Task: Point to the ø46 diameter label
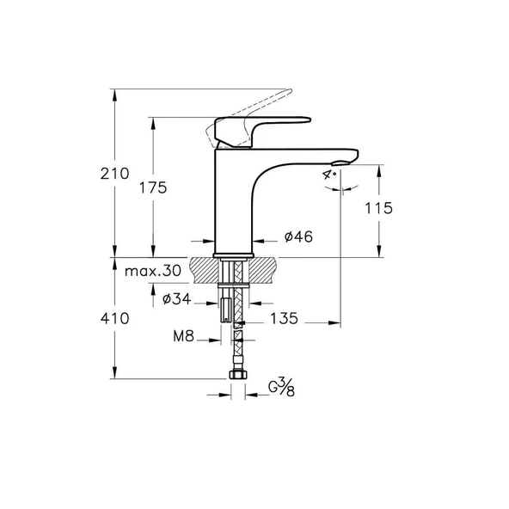(x=297, y=236)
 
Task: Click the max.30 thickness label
(x=152, y=271)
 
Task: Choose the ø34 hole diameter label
(x=176, y=299)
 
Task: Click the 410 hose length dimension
(x=113, y=318)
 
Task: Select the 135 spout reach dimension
(x=284, y=318)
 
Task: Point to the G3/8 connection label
(x=281, y=388)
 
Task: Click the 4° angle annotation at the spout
(x=328, y=173)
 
